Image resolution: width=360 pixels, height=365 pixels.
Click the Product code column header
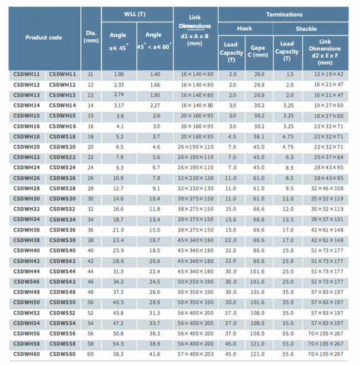pyautogui.click(x=44, y=38)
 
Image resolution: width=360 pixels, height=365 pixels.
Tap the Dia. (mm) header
pyautogui.click(x=91, y=37)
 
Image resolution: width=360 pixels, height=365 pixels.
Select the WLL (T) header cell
pyautogui.click(x=135, y=14)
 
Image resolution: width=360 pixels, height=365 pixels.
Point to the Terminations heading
pyautogui.click(x=284, y=14)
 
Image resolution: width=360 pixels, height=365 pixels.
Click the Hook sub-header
pyautogui.click(x=244, y=28)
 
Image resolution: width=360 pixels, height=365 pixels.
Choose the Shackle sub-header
pyautogui.click(x=306, y=29)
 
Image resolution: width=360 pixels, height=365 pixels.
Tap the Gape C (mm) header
pyautogui.click(x=258, y=51)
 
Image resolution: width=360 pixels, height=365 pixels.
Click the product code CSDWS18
pyautogui.click(x=63, y=137)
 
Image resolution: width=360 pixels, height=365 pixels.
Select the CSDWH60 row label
pyautogui.click(x=27, y=354)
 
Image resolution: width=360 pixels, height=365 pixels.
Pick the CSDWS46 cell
pyautogui.click(x=27, y=282)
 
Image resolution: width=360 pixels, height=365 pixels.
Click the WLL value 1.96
pyautogui.click(x=119, y=74)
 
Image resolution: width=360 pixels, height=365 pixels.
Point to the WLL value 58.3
pyautogui.click(x=118, y=354)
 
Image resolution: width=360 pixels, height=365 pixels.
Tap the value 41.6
pyautogui.click(x=155, y=354)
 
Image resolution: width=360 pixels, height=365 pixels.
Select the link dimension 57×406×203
pyautogui.click(x=196, y=354)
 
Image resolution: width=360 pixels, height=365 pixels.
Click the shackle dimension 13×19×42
pyautogui.click(x=328, y=74)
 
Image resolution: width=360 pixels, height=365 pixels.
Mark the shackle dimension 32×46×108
pyautogui.click(x=327, y=188)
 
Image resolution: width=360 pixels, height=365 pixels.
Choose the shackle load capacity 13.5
pyautogui.click(x=288, y=219)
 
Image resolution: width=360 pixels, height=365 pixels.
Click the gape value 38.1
pyautogui.click(x=259, y=137)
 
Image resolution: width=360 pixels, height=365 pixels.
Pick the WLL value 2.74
pyautogui.click(x=119, y=95)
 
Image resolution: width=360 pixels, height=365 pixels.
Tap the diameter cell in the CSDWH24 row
pyautogui.click(x=90, y=168)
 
